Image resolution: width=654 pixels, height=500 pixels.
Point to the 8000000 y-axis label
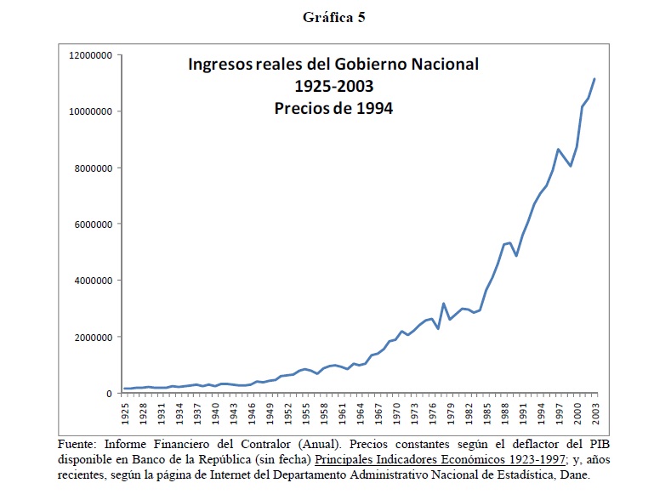tap(92, 168)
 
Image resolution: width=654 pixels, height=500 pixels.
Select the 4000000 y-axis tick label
tap(92, 281)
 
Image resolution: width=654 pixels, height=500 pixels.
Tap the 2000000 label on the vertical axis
tap(92, 337)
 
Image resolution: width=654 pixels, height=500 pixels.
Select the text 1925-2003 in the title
tap(333, 86)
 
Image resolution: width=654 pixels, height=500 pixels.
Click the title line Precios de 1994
tap(333, 108)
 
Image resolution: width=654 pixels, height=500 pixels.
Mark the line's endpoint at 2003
tap(595, 78)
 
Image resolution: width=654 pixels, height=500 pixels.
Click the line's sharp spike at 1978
tap(444, 303)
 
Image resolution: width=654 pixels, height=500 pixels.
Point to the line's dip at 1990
tap(516, 256)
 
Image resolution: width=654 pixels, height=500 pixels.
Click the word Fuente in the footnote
tap(79, 445)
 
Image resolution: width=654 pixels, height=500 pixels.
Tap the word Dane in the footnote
tap(573, 475)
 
